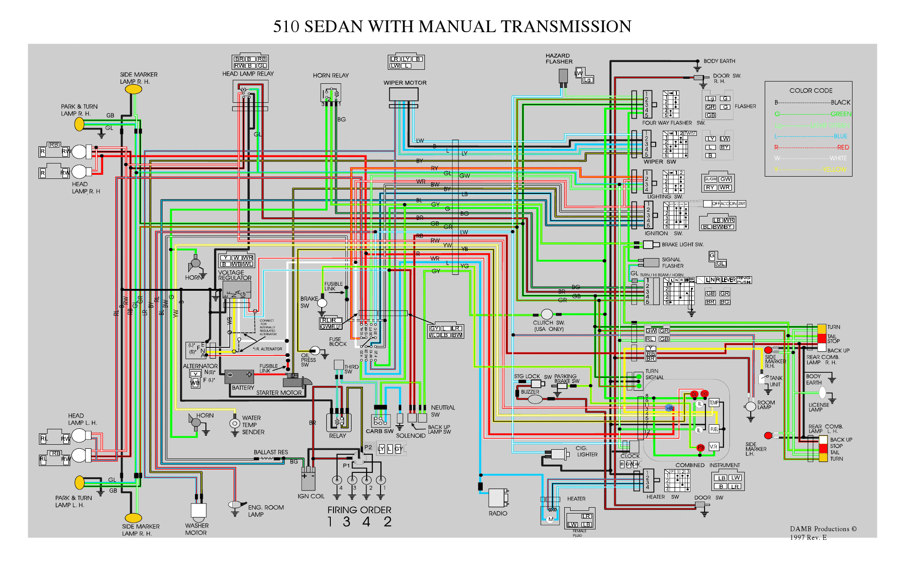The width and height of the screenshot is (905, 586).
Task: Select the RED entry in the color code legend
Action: click(x=843, y=147)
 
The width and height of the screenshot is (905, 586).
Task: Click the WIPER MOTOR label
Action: click(x=405, y=83)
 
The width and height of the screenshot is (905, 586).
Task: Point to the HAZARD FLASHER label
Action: click(x=559, y=58)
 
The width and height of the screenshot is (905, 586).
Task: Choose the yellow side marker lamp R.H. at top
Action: click(x=133, y=90)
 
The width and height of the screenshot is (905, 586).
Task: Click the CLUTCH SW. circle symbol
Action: click(x=547, y=314)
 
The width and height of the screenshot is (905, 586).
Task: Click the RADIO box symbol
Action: click(x=498, y=498)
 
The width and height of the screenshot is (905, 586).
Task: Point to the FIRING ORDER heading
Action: click(x=359, y=510)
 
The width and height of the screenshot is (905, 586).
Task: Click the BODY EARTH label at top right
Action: click(x=719, y=61)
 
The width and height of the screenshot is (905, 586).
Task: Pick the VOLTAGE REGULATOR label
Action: click(x=234, y=275)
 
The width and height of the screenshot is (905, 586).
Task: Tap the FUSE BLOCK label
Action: click(x=338, y=341)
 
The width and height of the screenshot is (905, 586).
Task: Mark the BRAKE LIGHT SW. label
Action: click(x=682, y=245)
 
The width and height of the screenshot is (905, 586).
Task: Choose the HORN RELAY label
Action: click(x=331, y=76)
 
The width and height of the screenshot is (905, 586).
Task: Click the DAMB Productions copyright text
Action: click(x=823, y=529)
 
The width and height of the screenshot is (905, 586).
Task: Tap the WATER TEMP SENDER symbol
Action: click(x=234, y=424)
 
